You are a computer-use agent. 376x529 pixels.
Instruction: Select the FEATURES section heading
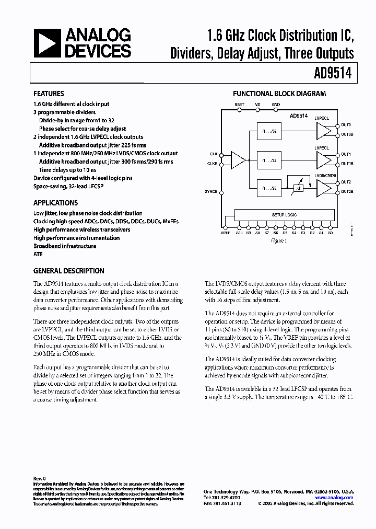[49, 94]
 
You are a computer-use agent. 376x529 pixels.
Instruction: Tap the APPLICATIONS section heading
[55, 203]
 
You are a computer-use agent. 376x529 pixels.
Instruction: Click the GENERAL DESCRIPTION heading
[68, 271]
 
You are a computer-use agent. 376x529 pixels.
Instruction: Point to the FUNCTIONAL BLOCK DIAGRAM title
[279, 94]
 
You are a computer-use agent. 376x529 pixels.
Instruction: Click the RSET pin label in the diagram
[239, 105]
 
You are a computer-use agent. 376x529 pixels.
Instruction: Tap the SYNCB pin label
[210, 192]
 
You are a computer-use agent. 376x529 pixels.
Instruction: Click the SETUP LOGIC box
[284, 214]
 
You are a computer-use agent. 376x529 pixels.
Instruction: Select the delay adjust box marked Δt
[298, 188]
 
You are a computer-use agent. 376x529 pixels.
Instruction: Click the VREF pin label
[226, 233]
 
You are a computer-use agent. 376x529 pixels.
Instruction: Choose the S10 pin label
[239, 233]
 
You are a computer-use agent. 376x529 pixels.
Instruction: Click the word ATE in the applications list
[38, 254]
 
